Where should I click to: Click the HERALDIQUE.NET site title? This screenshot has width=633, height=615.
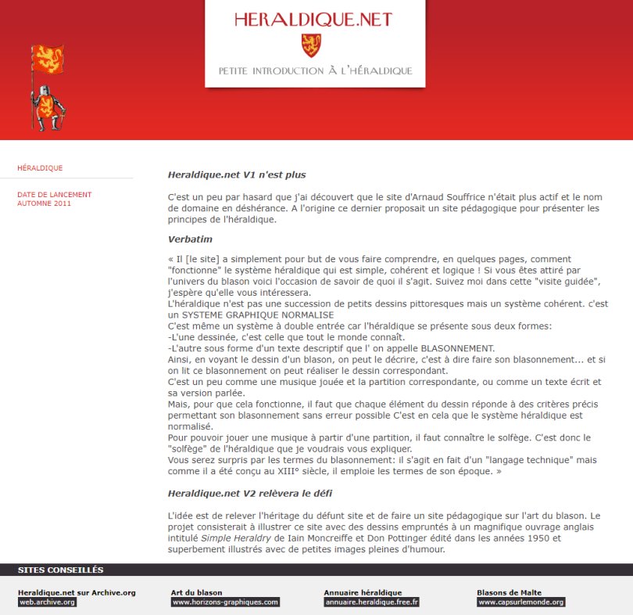click(x=313, y=20)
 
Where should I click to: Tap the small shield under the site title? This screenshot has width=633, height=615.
click(x=311, y=45)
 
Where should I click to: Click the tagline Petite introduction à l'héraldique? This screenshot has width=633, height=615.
click(x=315, y=71)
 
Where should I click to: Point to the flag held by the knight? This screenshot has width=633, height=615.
click(x=47, y=59)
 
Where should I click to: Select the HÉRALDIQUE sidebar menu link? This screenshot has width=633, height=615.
click(x=40, y=168)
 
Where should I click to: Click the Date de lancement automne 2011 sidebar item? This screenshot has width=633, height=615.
click(x=54, y=199)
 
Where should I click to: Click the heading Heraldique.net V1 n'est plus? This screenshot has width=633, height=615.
click(x=237, y=174)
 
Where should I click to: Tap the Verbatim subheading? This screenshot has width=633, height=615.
click(x=190, y=239)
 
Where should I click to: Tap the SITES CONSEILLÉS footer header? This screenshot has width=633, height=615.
click(x=60, y=570)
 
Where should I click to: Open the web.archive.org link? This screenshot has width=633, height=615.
click(x=48, y=602)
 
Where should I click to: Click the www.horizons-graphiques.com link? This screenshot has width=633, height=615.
click(x=225, y=602)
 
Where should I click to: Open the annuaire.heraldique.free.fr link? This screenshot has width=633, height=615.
click(x=371, y=602)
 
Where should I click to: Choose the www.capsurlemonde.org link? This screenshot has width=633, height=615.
click(x=520, y=602)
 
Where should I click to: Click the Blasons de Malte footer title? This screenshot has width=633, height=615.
click(x=509, y=592)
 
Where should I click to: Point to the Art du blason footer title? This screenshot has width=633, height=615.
click(x=196, y=592)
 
